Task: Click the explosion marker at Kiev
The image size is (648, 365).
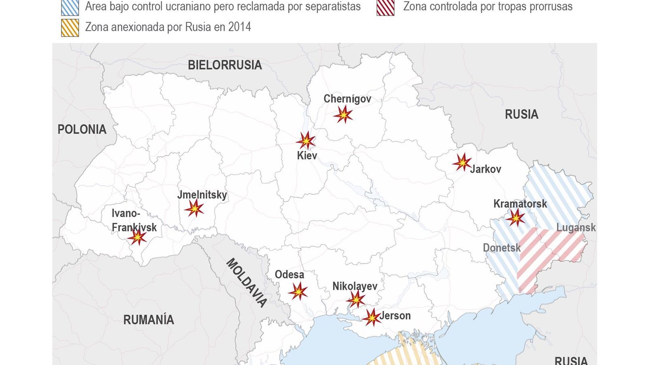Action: [306, 141]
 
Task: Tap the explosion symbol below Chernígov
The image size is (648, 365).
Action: [343, 115]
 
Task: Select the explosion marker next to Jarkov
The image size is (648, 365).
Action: [462, 162]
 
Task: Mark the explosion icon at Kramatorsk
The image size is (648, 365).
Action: [516, 218]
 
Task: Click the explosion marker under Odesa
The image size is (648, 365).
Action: [298, 291]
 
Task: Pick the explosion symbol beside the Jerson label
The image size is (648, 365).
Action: [371, 317]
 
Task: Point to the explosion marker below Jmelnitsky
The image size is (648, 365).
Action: [194, 208]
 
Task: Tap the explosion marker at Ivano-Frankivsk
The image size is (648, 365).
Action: [137, 237]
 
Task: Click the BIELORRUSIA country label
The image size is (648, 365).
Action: [225, 65]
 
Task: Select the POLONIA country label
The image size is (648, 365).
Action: [82, 129]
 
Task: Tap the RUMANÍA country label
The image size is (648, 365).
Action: [149, 320]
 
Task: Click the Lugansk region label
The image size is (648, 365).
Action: [576, 228]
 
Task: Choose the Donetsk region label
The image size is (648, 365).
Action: [501, 248]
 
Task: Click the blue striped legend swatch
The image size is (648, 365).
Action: [70, 7]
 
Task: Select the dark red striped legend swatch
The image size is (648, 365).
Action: [386, 7]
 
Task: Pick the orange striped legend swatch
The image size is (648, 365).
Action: [70, 28]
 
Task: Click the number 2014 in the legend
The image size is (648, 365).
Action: [239, 27]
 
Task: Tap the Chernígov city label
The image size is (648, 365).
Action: [347, 99]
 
